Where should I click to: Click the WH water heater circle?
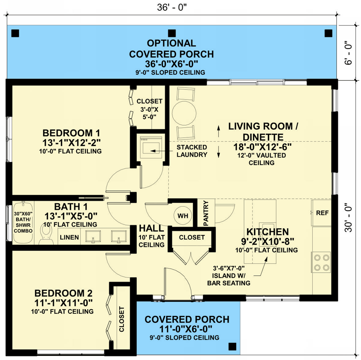point(183,216)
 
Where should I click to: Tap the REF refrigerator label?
point(322,213)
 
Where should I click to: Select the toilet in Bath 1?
point(46,234)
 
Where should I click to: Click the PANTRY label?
point(206,213)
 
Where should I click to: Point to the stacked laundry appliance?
point(151,147)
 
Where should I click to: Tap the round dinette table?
point(184,113)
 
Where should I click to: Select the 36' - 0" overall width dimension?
point(172,7)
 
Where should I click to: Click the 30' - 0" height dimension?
point(349,217)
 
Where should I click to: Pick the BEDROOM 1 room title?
point(72,133)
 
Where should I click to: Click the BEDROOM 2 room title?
point(63,293)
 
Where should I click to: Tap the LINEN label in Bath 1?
point(69,237)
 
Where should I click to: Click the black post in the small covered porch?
point(233,346)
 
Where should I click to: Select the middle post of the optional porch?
point(172,33)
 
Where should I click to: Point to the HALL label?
point(152,229)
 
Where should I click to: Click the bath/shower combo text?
point(23,222)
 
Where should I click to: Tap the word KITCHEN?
point(267,232)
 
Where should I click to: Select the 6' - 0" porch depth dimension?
point(349,53)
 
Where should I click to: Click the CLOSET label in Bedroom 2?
point(122,319)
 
